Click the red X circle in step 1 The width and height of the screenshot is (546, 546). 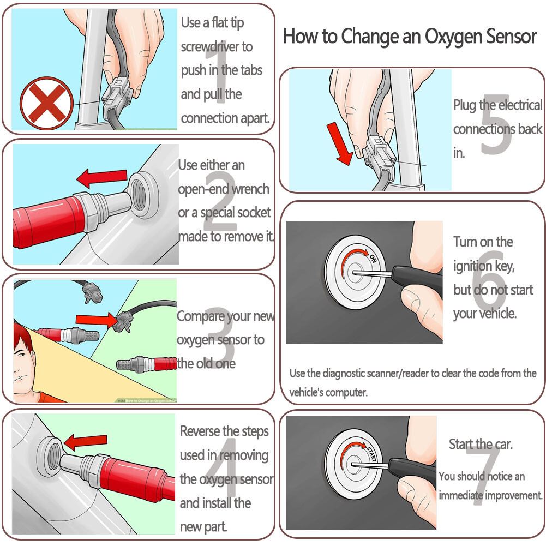[46, 103]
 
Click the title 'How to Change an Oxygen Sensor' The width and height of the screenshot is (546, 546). [410, 37]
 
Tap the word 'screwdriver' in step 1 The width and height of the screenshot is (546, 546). [217, 46]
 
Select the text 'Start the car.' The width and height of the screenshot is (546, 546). [481, 444]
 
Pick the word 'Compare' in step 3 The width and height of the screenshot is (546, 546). [200, 316]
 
